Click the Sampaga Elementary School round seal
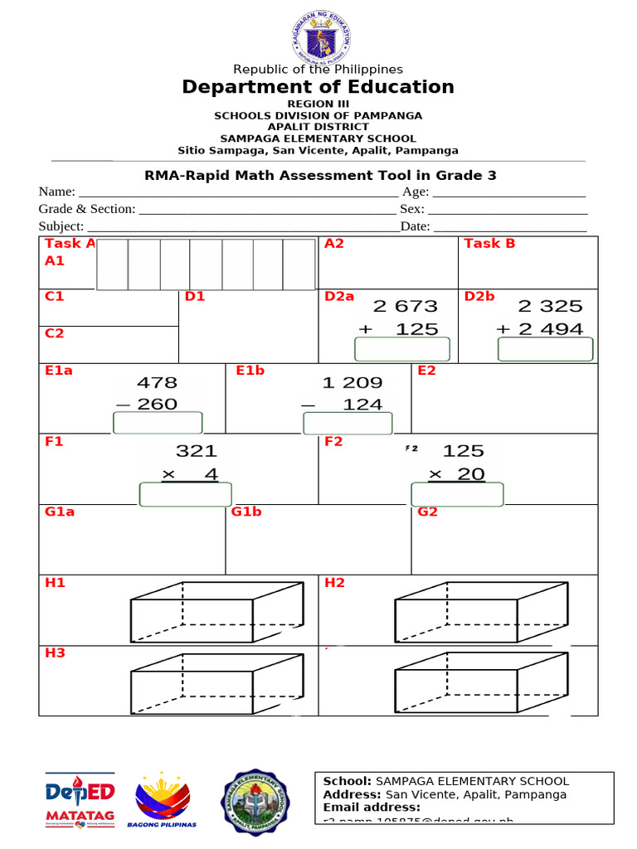pos(255,801)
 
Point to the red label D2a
pos(339,296)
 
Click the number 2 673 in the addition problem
pos(406,307)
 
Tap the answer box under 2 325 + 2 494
pos(545,350)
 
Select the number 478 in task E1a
pos(157,383)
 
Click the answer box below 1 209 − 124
pos(347,424)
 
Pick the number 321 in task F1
pos(197,451)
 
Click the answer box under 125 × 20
pos(458,494)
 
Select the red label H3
pos(55,653)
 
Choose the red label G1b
pos(246,512)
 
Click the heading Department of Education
pos(318,87)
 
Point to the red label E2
pos(427,371)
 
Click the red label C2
pos(54,333)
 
